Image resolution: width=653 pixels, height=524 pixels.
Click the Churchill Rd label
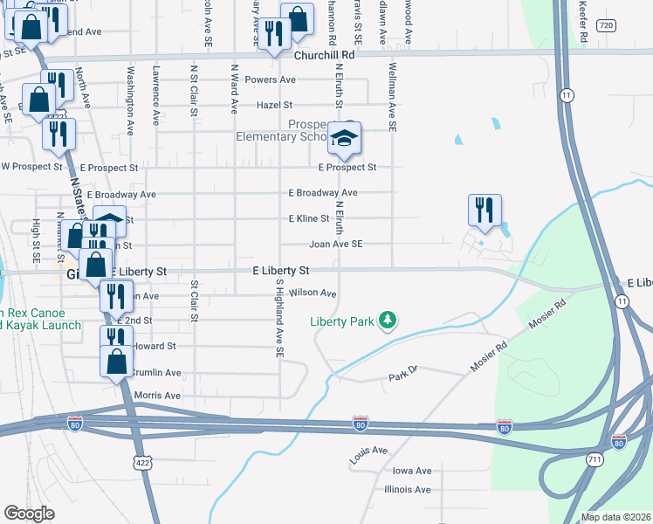(x=324, y=54)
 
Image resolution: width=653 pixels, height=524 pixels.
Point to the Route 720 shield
(x=606, y=26)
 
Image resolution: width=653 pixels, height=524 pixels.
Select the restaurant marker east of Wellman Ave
(x=485, y=210)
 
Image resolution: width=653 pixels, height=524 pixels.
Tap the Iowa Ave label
(x=411, y=471)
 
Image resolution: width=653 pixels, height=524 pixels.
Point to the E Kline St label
(x=309, y=218)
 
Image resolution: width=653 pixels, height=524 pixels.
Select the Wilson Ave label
(x=313, y=293)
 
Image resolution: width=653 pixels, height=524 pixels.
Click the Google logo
(x=29, y=514)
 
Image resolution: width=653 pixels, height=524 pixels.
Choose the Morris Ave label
(x=158, y=396)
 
